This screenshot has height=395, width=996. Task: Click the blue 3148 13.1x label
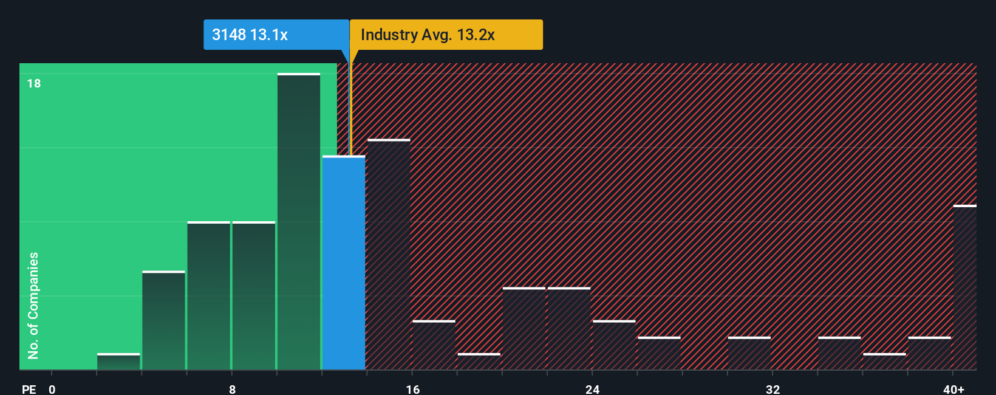click(276, 35)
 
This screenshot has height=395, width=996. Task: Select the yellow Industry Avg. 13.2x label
click(446, 35)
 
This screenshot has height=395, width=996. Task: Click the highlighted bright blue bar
click(344, 263)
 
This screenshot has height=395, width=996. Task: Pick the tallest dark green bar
click(299, 221)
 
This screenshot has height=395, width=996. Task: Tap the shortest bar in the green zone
click(118, 362)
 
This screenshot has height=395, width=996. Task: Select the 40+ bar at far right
click(964, 287)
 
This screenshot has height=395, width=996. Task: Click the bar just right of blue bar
click(389, 254)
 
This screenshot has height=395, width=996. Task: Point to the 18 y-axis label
click(34, 83)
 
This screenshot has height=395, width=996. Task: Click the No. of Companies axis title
click(33, 305)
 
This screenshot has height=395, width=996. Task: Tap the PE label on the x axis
click(29, 390)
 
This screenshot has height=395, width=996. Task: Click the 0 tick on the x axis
click(52, 390)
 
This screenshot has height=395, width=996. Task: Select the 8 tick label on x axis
click(232, 390)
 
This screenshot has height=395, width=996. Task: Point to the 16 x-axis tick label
click(412, 390)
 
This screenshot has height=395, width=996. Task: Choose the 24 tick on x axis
click(593, 390)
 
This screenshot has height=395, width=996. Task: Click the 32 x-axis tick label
click(773, 390)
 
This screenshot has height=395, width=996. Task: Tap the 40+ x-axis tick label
click(953, 390)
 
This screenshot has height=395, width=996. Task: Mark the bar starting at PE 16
click(434, 345)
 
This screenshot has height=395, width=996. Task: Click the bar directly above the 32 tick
click(749, 353)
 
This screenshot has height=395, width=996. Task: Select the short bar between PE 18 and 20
click(479, 362)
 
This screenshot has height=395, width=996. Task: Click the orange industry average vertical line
click(350, 103)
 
